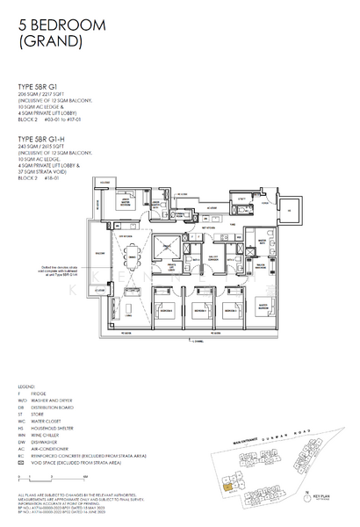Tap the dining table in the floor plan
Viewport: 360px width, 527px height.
tap(134, 261)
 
